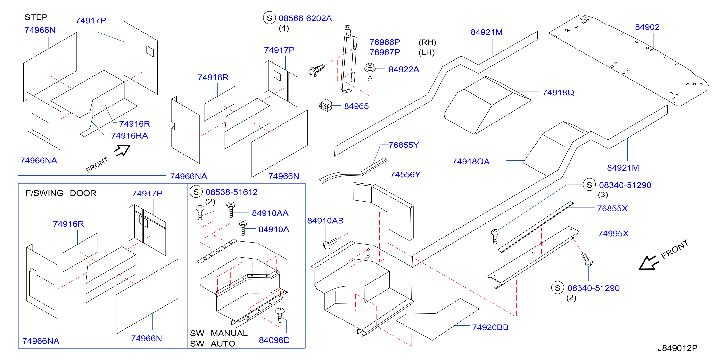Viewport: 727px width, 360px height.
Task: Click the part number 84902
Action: tap(647, 27)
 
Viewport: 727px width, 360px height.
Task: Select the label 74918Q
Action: tap(558, 92)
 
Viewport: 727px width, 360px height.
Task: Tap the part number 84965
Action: tap(356, 106)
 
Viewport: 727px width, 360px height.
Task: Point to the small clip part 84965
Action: tap(325, 105)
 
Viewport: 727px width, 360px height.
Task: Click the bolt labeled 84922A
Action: tap(370, 72)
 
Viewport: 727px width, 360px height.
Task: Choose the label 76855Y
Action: tap(404, 145)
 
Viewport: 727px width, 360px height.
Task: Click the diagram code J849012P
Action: tap(677, 348)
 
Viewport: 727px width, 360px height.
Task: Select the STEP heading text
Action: tap(36, 17)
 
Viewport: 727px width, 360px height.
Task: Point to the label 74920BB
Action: tap(490, 327)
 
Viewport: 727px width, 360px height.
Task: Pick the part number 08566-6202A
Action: tap(305, 18)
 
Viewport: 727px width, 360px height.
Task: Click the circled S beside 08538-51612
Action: tap(196, 192)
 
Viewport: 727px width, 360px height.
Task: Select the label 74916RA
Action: tap(129, 136)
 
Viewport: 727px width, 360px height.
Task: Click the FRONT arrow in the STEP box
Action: tap(123, 150)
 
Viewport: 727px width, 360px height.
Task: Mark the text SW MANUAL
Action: tap(219, 333)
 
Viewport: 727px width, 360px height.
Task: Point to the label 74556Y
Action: tap(405, 175)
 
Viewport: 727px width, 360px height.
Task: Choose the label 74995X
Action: tap(613, 234)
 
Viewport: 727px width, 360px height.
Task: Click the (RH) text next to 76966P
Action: tap(427, 42)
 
